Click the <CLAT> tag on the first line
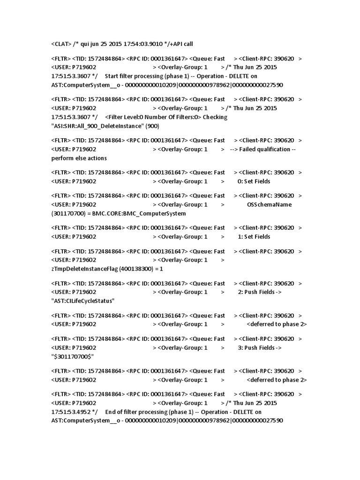61,44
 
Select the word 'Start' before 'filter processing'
112,76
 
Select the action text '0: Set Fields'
254,181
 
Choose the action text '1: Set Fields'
254,237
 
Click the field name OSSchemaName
269,204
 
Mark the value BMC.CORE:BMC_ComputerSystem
139,213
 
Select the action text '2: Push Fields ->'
259,292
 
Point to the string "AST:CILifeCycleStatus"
82,301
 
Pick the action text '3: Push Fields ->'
259,348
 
